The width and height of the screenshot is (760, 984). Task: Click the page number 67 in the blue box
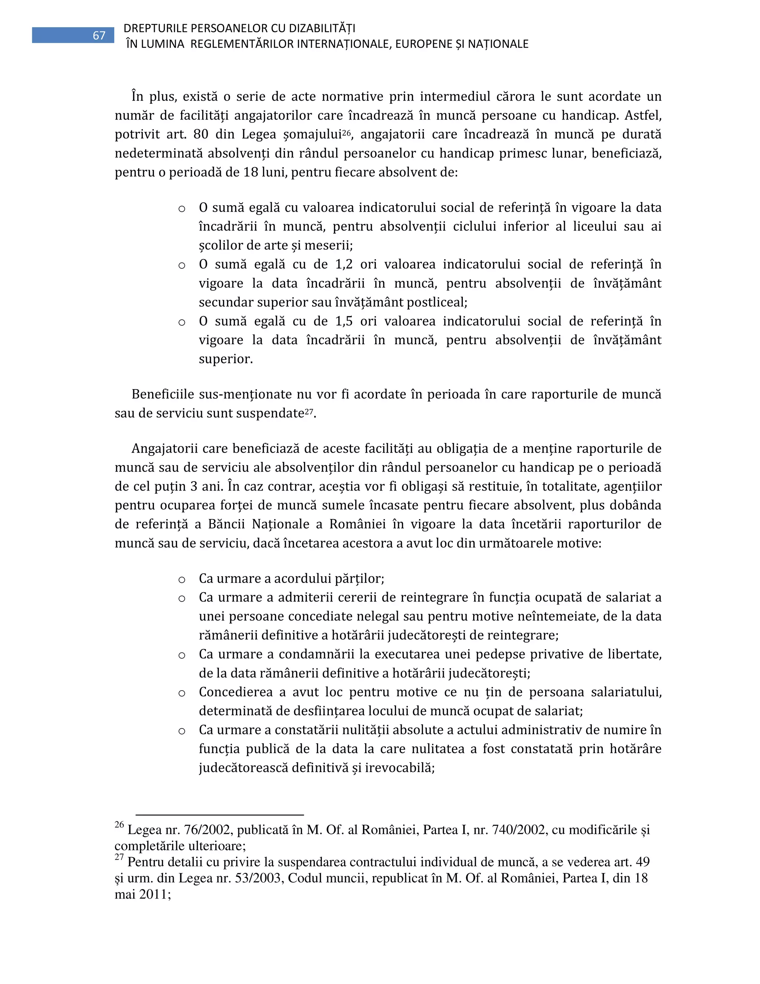(99, 36)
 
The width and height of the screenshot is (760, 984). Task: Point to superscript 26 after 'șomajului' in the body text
(346, 132)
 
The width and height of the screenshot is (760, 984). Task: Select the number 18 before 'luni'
(250, 173)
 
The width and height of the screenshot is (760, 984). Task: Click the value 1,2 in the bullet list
(344, 264)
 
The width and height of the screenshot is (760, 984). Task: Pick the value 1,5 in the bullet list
(344, 321)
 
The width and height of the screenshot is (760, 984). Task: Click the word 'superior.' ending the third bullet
(226, 359)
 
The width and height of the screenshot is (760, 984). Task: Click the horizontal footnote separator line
(220, 815)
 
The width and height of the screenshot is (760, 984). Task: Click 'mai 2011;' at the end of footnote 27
(143, 895)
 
